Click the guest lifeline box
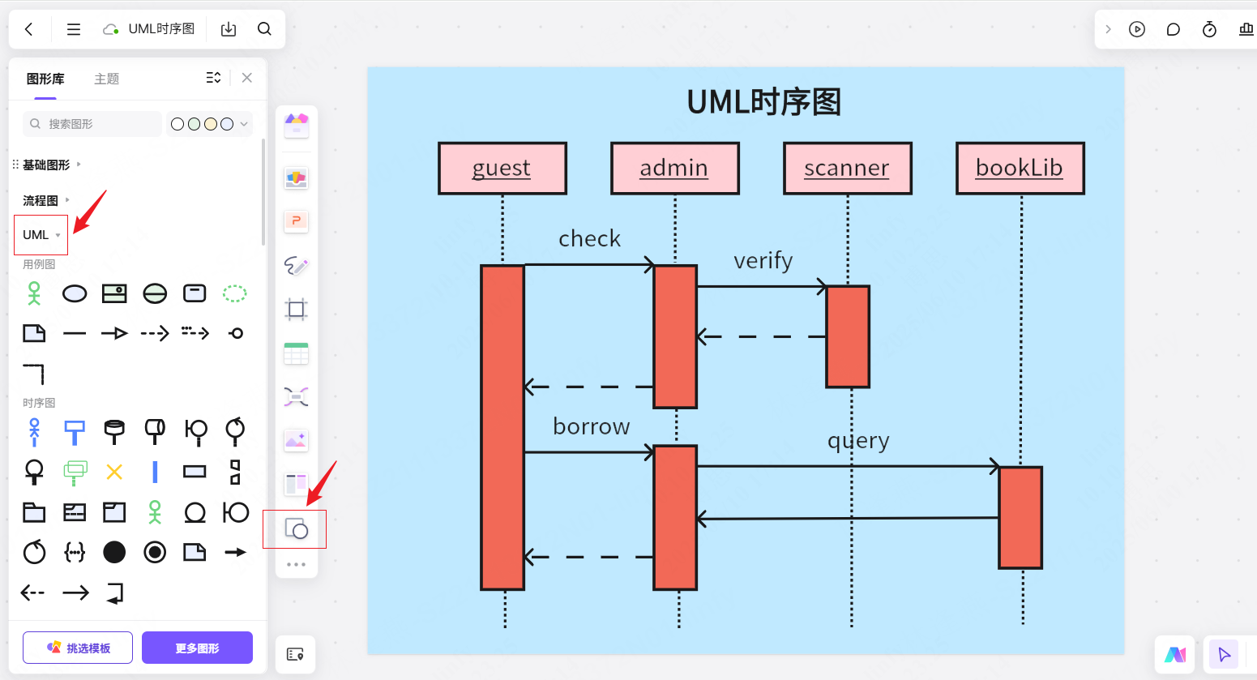(502, 169)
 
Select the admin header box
(675, 169)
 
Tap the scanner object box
(848, 169)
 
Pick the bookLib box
(1020, 169)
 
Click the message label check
(589, 238)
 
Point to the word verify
(763, 261)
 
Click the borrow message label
(592, 426)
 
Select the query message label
(858, 441)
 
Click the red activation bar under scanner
(848, 336)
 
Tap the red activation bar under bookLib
(1020, 517)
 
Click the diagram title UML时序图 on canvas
(763, 102)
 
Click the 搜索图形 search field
(92, 123)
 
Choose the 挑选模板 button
(78, 648)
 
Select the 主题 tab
(107, 79)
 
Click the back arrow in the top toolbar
(29, 29)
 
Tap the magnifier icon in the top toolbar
(264, 28)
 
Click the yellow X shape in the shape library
(114, 472)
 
